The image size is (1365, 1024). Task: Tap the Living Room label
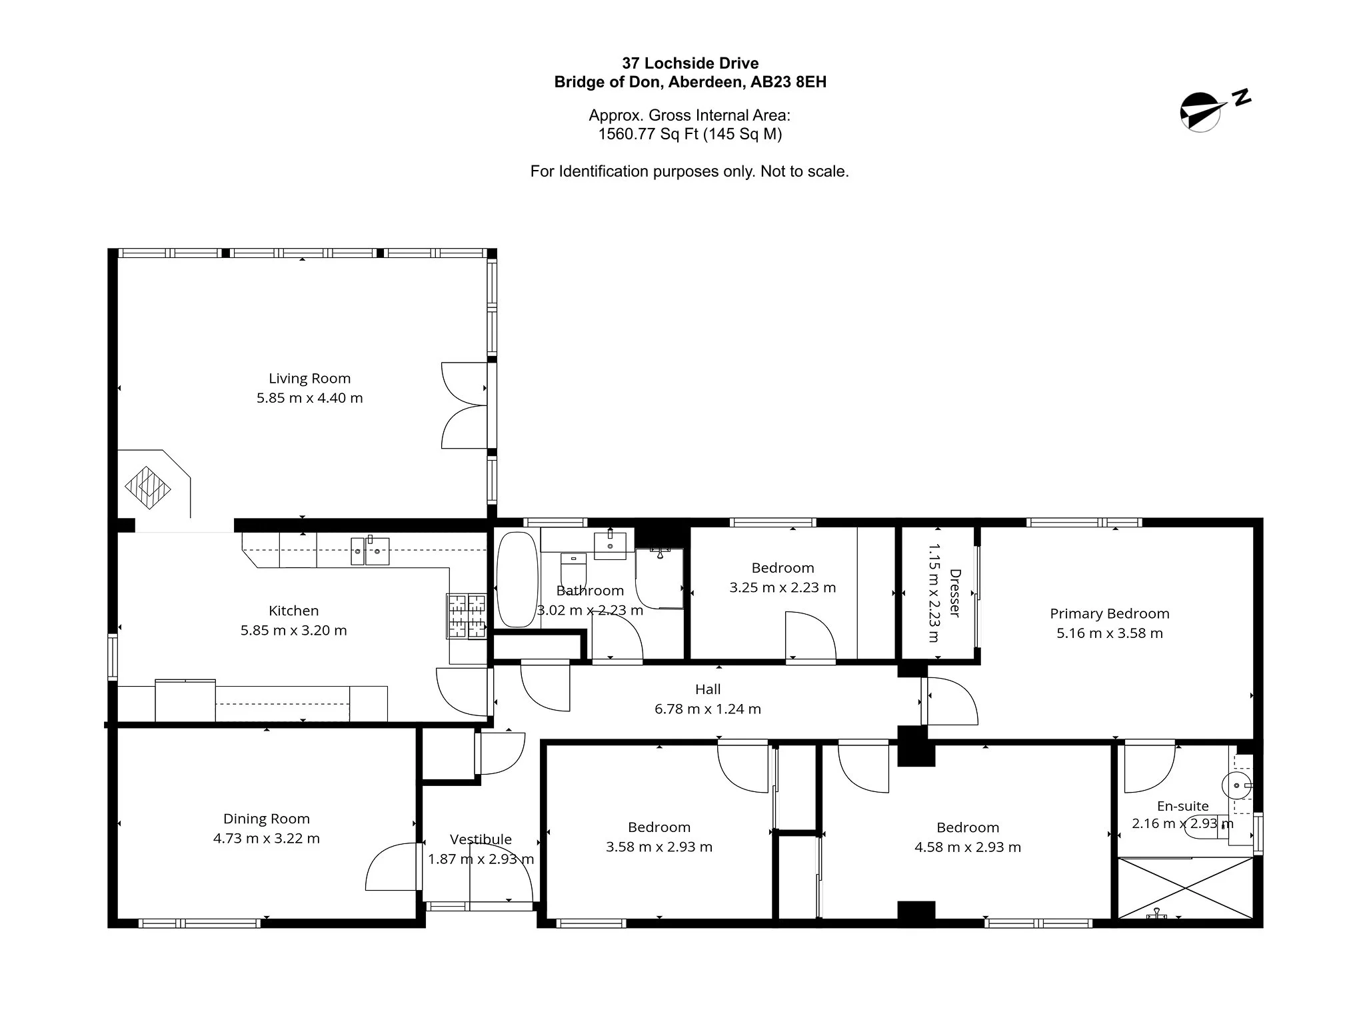pyautogui.click(x=309, y=378)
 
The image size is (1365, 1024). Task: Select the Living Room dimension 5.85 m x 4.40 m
pyautogui.click(x=309, y=398)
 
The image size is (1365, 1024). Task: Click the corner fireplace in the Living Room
pyautogui.click(x=148, y=487)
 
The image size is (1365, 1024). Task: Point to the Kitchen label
pyautogui.click(x=293, y=611)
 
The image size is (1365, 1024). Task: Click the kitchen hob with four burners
pyautogui.click(x=467, y=617)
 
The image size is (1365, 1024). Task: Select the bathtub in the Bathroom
pyautogui.click(x=517, y=579)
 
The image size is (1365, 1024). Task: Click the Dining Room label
pyautogui.click(x=266, y=819)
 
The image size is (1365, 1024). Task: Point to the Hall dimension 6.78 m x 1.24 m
pyautogui.click(x=708, y=709)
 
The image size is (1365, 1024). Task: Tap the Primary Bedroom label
pyautogui.click(x=1110, y=614)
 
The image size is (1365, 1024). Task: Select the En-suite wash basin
pyautogui.click(x=1238, y=786)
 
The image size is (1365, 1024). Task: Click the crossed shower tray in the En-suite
pyautogui.click(x=1186, y=889)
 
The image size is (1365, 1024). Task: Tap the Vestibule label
pyautogui.click(x=481, y=839)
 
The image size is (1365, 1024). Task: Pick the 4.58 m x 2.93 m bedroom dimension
pyautogui.click(x=968, y=847)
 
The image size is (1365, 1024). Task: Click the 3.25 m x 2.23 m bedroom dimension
pyautogui.click(x=782, y=588)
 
